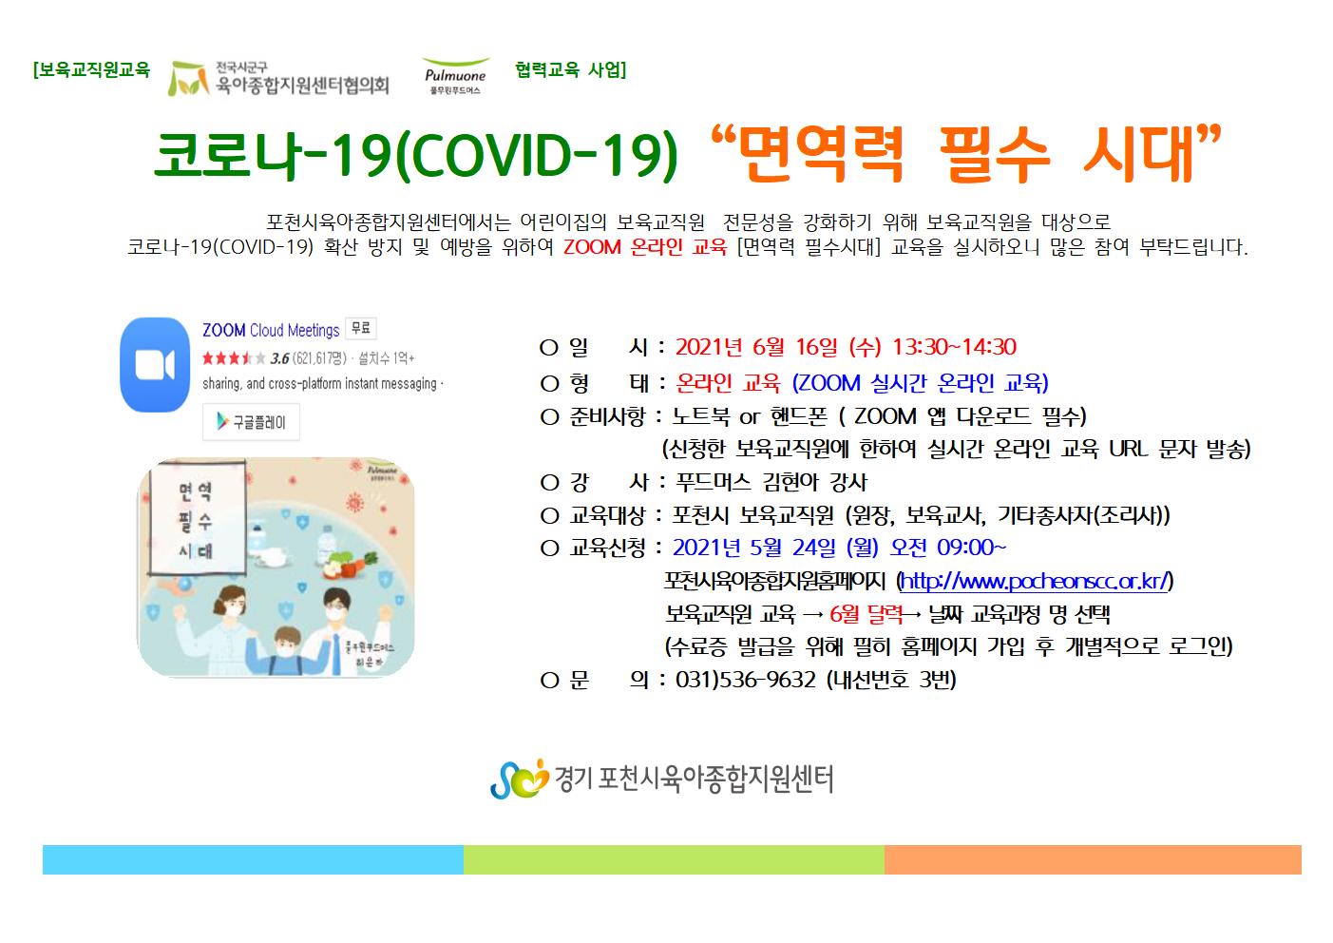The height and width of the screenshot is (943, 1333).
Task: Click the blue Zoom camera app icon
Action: click(x=155, y=364)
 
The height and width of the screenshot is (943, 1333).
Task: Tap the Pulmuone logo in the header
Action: click(x=455, y=76)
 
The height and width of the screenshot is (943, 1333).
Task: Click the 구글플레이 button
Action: click(x=251, y=422)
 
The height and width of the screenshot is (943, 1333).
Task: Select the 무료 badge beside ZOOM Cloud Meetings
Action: click(x=361, y=328)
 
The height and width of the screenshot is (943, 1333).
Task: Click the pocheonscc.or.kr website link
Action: click(x=1035, y=581)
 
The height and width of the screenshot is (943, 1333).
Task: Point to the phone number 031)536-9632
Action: click(x=746, y=680)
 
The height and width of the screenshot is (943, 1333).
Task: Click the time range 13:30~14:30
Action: click(x=954, y=347)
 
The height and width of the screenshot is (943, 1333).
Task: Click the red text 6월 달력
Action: click(x=866, y=614)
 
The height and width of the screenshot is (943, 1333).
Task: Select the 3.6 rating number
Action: click(x=279, y=358)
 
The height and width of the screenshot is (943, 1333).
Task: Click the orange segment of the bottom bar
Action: click(x=1093, y=859)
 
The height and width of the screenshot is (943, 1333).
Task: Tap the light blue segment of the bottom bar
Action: click(x=253, y=859)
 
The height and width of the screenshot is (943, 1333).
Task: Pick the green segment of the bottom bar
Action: click(x=674, y=859)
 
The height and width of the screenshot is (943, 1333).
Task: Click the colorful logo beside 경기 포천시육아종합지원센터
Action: click(x=519, y=779)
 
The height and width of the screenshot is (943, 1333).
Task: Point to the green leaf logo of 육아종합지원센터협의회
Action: click(x=187, y=79)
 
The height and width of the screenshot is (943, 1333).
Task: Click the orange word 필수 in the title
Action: click(x=995, y=154)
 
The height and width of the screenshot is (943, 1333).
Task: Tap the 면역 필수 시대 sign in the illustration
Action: click(x=197, y=519)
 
